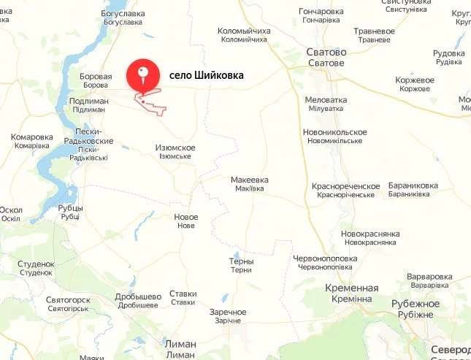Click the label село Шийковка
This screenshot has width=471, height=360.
pos(206,75)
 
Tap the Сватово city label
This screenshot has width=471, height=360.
pos(326,53)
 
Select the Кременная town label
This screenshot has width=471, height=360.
pos(351,288)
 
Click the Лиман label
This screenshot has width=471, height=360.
pos(180,343)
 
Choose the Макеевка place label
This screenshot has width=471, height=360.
pos(249,180)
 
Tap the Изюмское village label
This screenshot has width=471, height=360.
pos(175,148)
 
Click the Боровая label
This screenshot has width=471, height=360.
pos(96,77)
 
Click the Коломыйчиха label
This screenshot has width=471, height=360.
pos(244,31)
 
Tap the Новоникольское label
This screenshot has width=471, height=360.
pos(334,132)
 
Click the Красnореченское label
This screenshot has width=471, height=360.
pos(345,187)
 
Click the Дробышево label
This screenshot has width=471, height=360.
pos(138,296)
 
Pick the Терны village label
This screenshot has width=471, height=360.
pos(241,261)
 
